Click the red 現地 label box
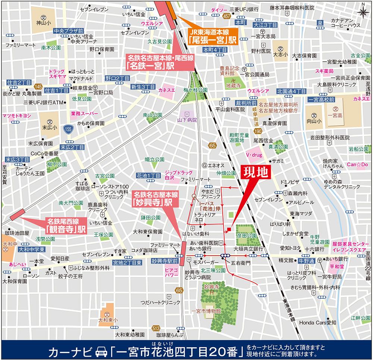point(256,173)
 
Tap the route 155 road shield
point(68,129)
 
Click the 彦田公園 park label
point(247,236)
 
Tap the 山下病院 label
point(186,120)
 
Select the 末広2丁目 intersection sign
point(72,147)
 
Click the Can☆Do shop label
point(357,164)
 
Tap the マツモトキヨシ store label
point(16,116)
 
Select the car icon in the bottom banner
point(100,351)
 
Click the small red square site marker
point(228,229)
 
